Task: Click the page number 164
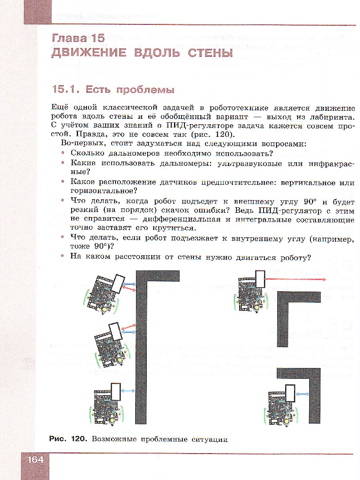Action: click(35, 460)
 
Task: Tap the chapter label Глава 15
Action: click(78, 39)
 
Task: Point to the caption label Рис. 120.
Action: click(67, 439)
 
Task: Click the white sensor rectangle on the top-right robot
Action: click(260, 279)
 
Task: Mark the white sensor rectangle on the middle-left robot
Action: click(114, 332)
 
